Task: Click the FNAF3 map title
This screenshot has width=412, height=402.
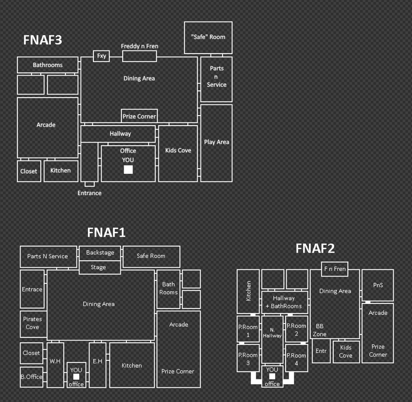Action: coord(43,40)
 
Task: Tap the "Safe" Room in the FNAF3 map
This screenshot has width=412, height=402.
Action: coord(208,38)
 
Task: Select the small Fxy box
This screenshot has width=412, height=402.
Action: coord(102,56)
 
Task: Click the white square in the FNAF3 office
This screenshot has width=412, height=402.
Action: coord(128,170)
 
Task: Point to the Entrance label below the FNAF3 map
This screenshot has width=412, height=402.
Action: coord(89,193)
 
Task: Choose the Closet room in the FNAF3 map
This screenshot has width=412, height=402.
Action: coord(29,171)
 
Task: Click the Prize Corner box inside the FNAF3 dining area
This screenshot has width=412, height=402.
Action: coord(139,116)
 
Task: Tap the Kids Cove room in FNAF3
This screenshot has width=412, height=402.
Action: coord(178,154)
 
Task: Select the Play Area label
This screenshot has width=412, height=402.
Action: coord(217,142)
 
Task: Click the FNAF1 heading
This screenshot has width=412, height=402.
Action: coord(106,232)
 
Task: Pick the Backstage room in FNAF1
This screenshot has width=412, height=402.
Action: coord(100,253)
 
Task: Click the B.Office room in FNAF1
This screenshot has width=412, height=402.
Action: coord(32,377)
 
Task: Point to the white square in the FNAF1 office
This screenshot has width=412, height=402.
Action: coord(76,377)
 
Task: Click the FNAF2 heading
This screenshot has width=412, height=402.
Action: coord(315,248)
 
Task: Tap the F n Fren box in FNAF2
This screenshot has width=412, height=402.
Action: coord(335,269)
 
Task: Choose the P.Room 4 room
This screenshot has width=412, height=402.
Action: coord(296,358)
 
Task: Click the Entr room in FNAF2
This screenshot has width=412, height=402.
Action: coord(321,351)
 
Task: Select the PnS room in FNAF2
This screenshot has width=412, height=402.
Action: coord(378,285)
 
